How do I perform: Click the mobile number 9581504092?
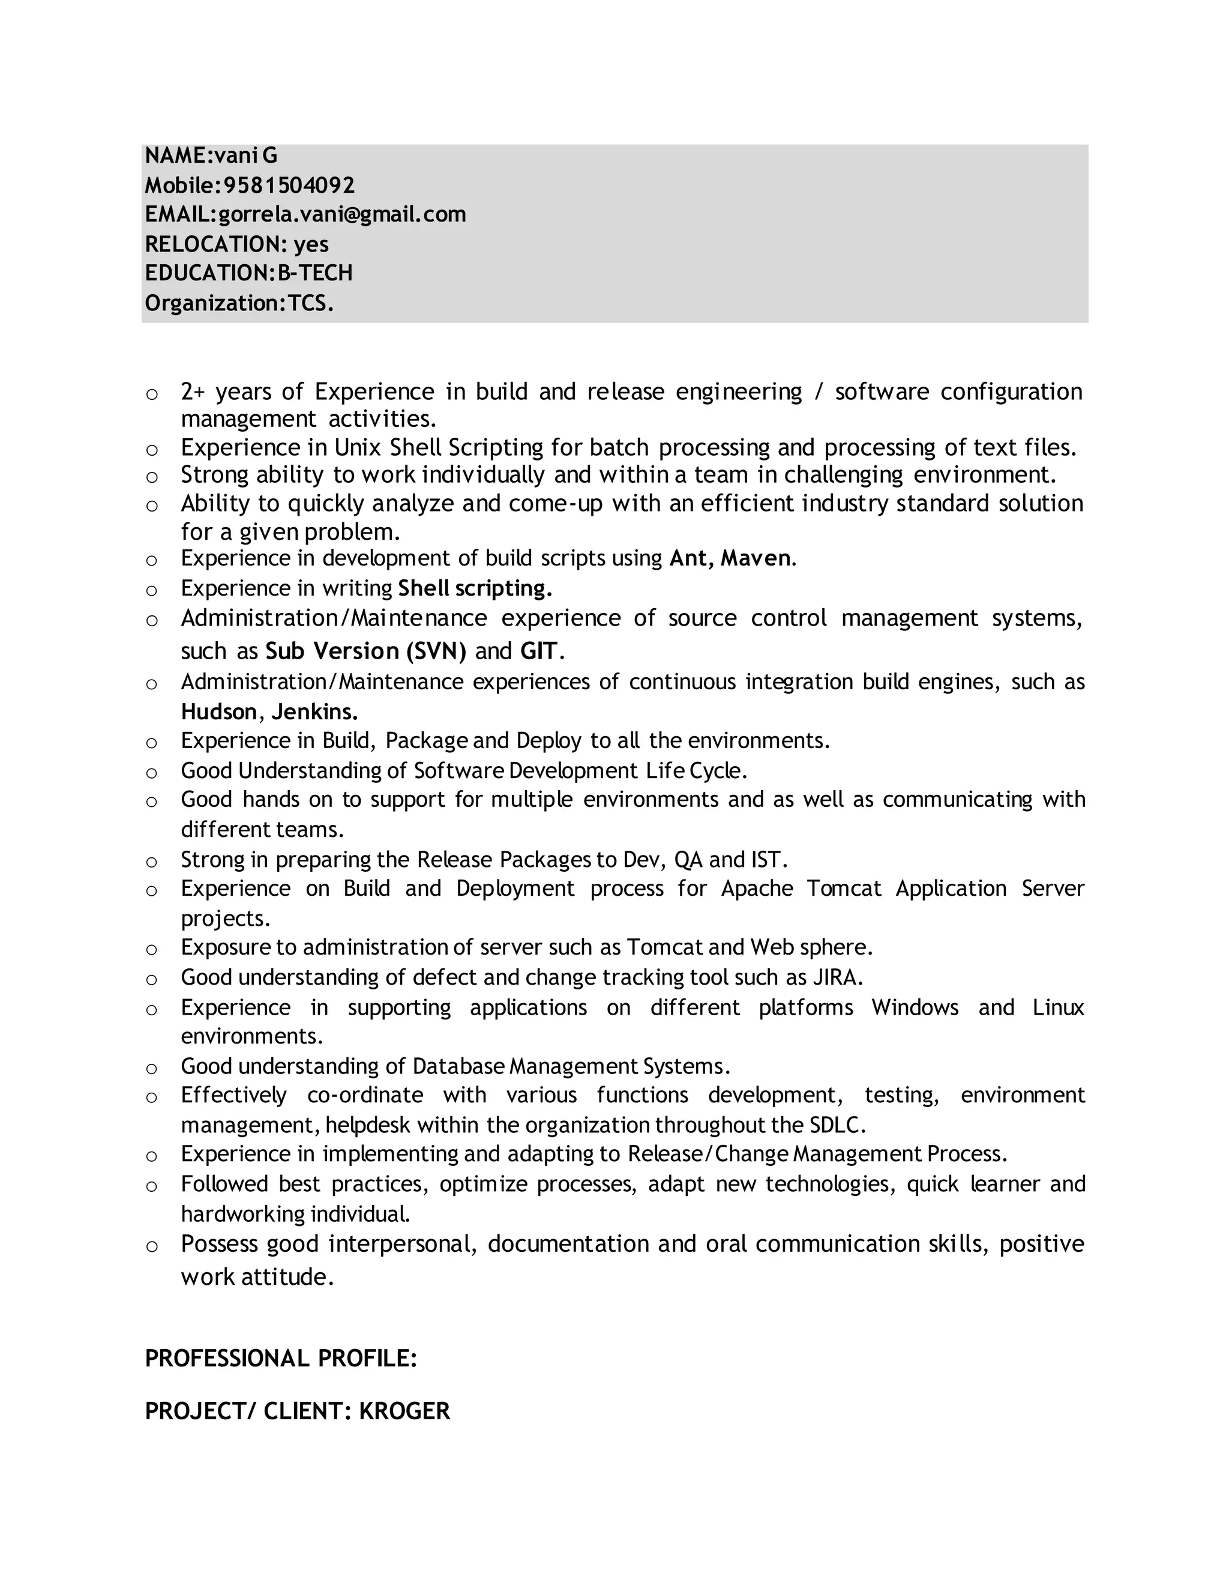point(289,186)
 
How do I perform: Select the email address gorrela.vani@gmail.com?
point(342,215)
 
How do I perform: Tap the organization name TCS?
point(310,303)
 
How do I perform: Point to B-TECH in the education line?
point(315,273)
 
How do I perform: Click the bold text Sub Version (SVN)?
point(365,651)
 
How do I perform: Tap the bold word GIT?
point(539,651)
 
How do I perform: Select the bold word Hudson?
point(218,711)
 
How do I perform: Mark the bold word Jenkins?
point(314,711)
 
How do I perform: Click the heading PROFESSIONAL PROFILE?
point(281,1359)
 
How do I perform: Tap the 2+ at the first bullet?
point(193,392)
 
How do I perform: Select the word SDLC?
point(836,1126)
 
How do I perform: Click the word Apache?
point(757,889)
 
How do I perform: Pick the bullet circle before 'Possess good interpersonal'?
point(151,1246)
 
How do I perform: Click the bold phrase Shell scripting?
point(475,588)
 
